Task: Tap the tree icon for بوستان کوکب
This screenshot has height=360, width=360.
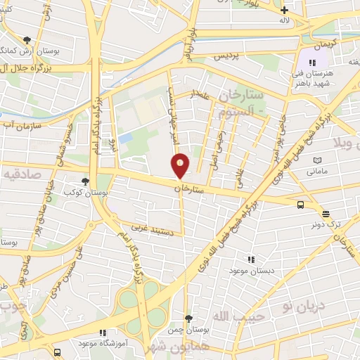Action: tap(86, 181)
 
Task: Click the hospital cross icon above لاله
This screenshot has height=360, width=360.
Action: tap(284, 11)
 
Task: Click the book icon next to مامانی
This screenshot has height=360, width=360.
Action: tap(317, 161)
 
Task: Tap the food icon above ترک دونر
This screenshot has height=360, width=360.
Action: tap(326, 214)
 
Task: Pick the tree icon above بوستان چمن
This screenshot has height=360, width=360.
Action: tap(187, 318)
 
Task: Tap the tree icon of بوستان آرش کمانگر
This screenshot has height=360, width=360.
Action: tap(27, 40)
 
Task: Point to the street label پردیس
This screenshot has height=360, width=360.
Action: tap(224, 54)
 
